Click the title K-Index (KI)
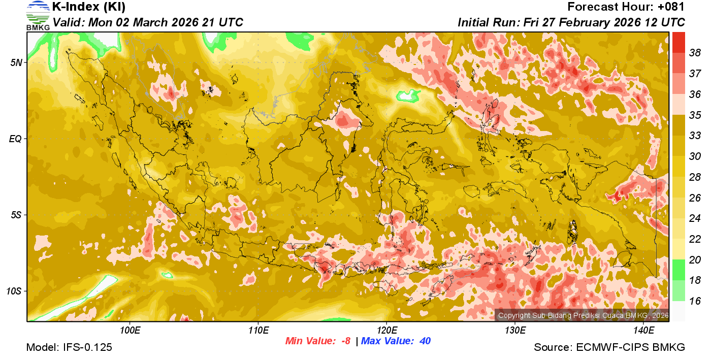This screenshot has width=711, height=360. (x=89, y=7)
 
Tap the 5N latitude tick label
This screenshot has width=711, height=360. (x=17, y=62)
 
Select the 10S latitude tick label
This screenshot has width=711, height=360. (x=15, y=291)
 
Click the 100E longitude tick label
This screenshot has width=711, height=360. (x=130, y=331)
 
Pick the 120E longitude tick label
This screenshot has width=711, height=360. (x=386, y=331)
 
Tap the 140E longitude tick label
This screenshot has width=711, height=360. (x=643, y=331)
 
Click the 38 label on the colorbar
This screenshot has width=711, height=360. (x=695, y=53)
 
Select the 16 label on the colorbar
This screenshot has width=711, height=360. (x=695, y=301)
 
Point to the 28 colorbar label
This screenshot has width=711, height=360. (x=695, y=177)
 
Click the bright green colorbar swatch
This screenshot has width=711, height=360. (x=678, y=269)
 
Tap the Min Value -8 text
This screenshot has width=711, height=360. (x=318, y=341)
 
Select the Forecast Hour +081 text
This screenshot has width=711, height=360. (x=626, y=7)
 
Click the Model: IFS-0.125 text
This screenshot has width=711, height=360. (x=69, y=347)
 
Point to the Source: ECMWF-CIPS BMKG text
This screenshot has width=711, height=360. (x=609, y=347)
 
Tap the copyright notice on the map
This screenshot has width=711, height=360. (x=583, y=316)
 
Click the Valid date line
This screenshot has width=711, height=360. (x=148, y=22)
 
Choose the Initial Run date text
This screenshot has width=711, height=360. (x=571, y=22)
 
